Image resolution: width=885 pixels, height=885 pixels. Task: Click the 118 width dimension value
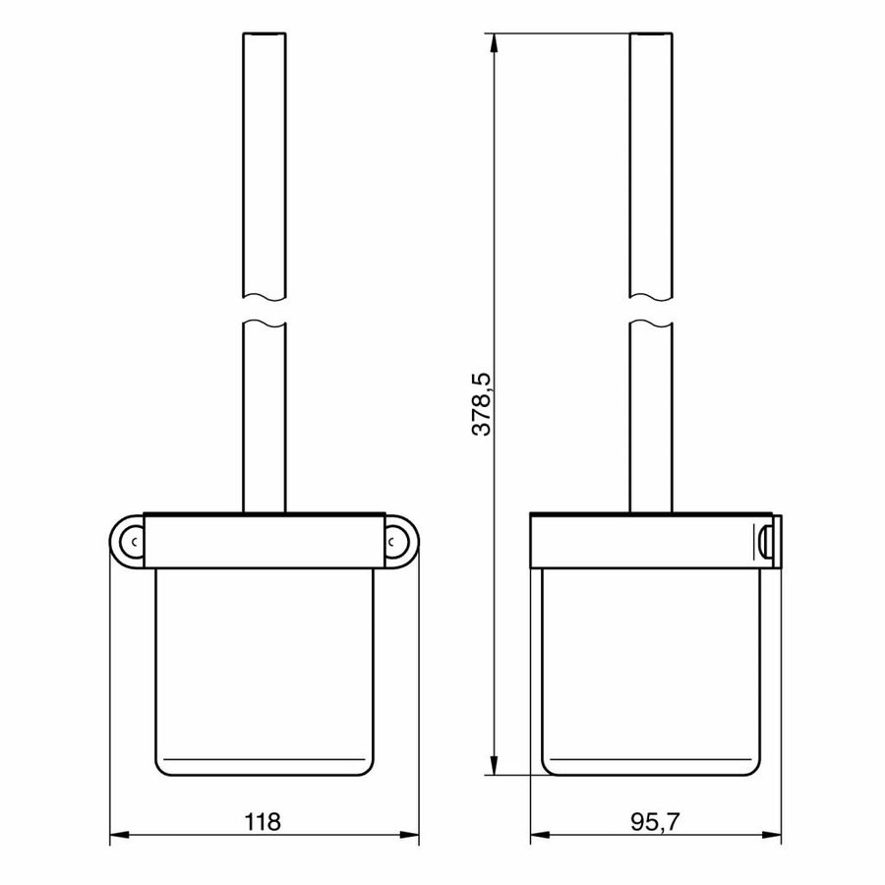[x=264, y=821]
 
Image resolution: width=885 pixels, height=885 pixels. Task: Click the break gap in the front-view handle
[x=263, y=310]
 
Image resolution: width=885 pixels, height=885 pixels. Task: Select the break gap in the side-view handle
[x=650, y=310]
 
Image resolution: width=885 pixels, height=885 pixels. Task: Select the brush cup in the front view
[x=263, y=669]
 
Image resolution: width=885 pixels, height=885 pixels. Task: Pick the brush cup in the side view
[x=650, y=669]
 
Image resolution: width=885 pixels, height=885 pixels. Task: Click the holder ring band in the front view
[x=263, y=540]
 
